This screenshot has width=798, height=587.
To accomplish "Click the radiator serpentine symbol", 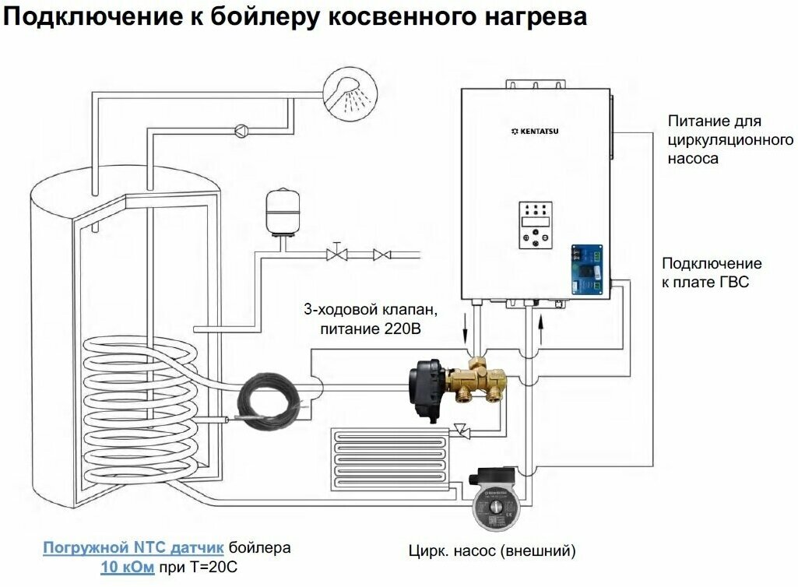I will click(390, 459).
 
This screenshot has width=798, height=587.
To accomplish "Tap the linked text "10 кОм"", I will click(127, 567).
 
